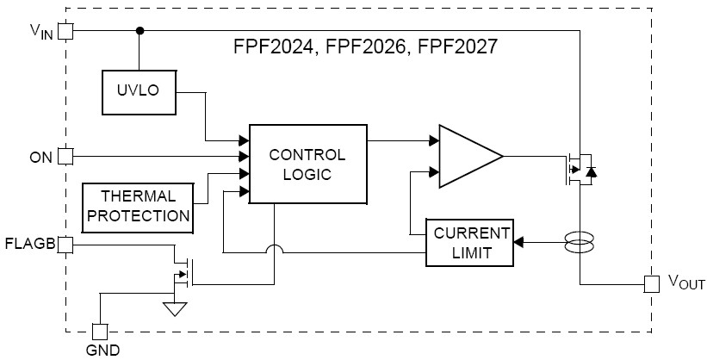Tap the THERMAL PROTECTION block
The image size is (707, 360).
(x=138, y=207)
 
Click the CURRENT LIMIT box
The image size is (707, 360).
(x=470, y=243)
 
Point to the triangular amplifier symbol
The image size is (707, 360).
(x=467, y=156)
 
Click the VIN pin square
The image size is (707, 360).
(x=65, y=31)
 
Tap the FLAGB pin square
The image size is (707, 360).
(x=65, y=245)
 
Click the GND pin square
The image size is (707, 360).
(x=100, y=331)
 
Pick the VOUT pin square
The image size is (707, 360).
(x=652, y=283)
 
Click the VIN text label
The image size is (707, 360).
(x=40, y=31)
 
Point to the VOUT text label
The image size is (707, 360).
(x=686, y=283)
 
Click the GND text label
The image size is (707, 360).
(x=102, y=350)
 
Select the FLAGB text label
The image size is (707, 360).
(x=29, y=245)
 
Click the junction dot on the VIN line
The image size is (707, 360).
(x=139, y=31)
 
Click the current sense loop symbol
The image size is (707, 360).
(x=580, y=243)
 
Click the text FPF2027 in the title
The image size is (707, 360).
(x=456, y=48)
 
